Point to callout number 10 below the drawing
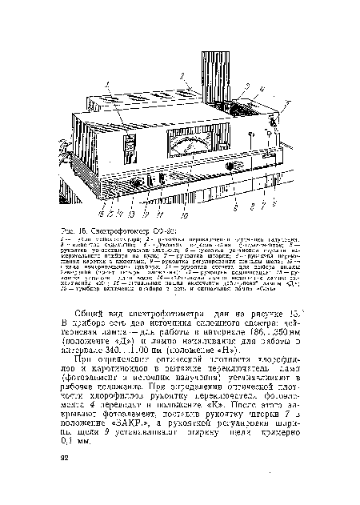coord(186,214)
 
